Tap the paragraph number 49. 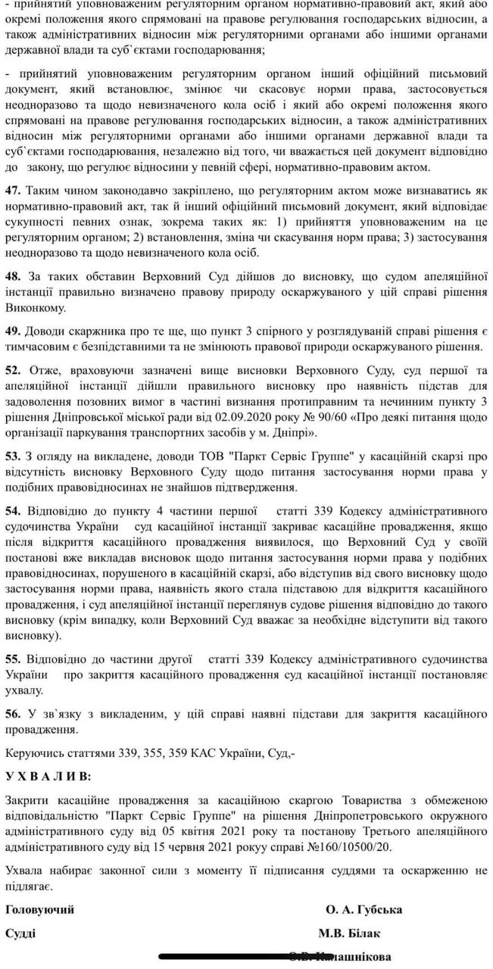pyautogui.click(x=13, y=332)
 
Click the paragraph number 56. pyautogui.click(x=13, y=714)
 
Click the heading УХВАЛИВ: pyautogui.click(x=46, y=777)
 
